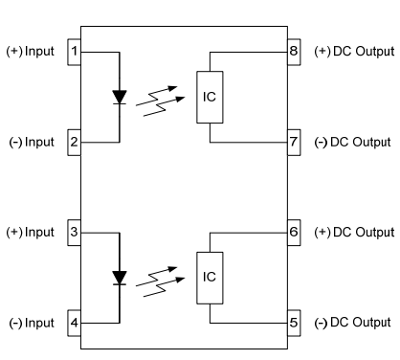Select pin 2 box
point(74,142)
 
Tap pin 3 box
point(74,232)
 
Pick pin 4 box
point(74,322)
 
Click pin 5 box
point(294,322)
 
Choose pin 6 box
point(294,232)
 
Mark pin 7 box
point(294,142)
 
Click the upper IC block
point(210,97)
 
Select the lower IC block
point(210,277)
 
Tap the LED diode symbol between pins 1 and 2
point(120,97)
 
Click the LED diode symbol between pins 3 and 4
point(120,277)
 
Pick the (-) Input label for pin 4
point(31,322)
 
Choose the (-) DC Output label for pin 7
point(352,142)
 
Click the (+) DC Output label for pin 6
point(353,232)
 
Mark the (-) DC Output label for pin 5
point(352,322)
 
